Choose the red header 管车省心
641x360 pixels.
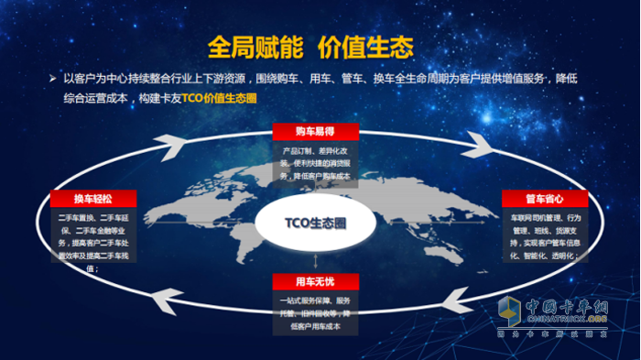537,197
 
